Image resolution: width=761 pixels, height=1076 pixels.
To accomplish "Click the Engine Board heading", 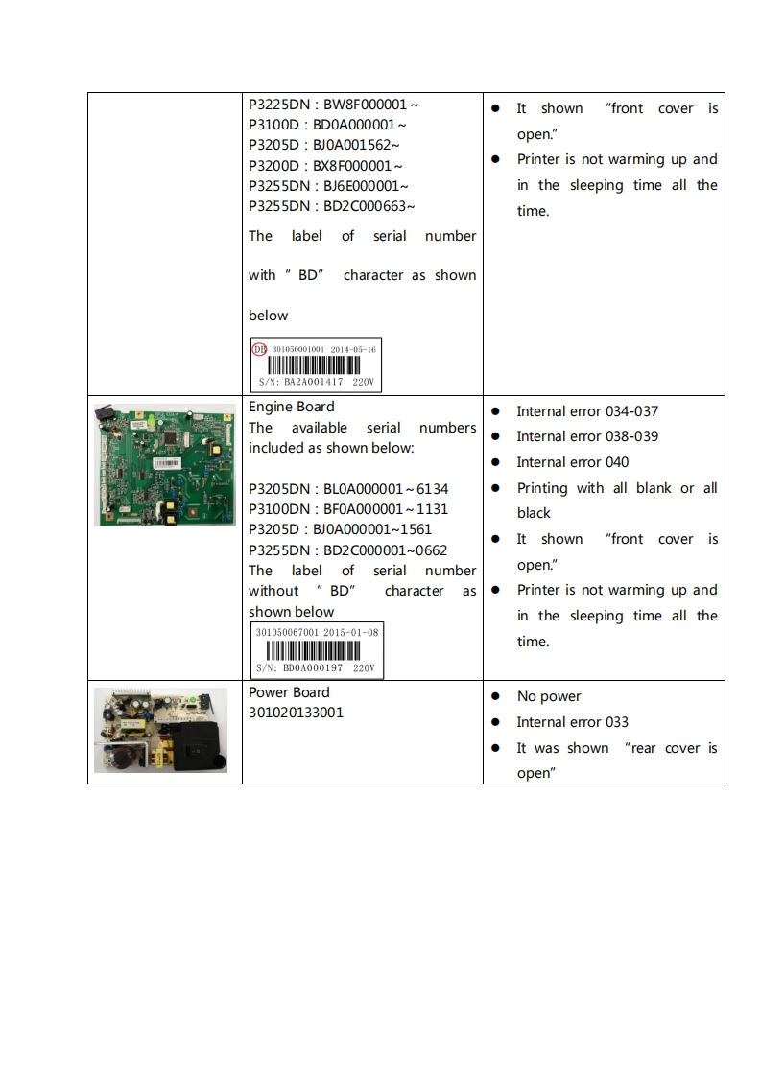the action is (278, 407).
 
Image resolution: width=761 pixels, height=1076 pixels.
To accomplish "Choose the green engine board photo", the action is (164, 464).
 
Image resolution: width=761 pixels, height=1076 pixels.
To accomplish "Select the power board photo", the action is (161, 730).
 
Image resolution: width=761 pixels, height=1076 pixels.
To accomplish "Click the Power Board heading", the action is (289, 692).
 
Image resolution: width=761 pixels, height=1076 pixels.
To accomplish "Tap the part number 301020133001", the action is (296, 713).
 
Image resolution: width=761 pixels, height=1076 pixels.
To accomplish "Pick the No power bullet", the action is (549, 696).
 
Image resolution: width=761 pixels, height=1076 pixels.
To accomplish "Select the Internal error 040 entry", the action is (572, 462).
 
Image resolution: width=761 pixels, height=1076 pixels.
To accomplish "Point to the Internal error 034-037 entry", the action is (587, 411).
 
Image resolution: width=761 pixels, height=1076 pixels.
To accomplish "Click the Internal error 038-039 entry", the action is (587, 436).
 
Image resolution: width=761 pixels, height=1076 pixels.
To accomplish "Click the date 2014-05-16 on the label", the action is (353, 349).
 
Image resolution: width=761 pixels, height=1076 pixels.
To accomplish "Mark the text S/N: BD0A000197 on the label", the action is (302, 667).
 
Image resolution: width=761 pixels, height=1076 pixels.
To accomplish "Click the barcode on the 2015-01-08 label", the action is (317, 650).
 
